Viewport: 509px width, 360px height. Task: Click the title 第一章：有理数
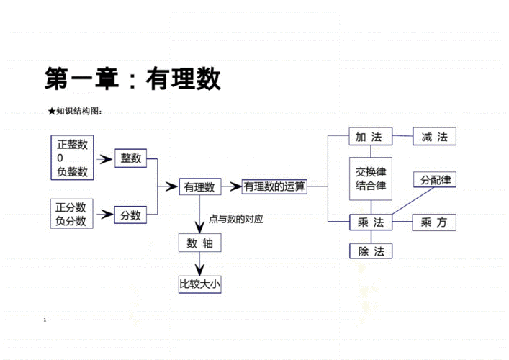point(132,78)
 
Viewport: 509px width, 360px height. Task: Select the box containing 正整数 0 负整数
point(72,158)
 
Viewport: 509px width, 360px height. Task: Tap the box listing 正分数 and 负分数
point(71,214)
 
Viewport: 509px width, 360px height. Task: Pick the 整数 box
point(130,158)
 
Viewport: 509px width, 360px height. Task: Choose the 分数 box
point(130,215)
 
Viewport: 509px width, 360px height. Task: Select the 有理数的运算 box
point(274,187)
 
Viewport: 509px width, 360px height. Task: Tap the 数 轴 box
point(199,243)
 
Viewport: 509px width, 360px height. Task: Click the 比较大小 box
point(199,284)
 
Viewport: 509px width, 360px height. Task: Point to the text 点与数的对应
point(235,219)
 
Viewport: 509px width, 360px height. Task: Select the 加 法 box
point(370,137)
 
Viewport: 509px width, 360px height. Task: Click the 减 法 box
point(434,137)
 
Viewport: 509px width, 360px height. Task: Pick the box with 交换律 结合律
point(371,179)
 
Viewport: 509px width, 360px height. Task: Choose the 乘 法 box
point(370,222)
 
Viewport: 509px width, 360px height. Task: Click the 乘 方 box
point(434,222)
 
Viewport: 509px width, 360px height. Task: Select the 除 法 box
point(370,251)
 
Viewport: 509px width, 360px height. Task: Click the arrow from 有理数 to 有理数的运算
point(232,187)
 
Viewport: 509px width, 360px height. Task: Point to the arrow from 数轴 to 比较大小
point(199,264)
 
